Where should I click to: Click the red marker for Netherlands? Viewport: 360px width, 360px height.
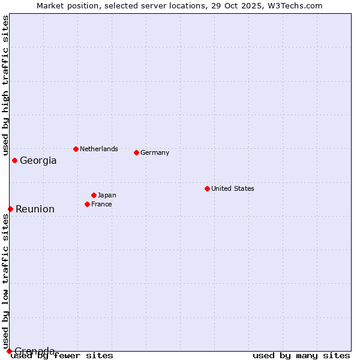[x=76, y=149]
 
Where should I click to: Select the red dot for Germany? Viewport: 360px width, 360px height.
[x=136, y=152]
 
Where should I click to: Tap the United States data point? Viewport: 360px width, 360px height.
[x=207, y=188]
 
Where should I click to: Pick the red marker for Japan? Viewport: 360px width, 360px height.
[x=94, y=195]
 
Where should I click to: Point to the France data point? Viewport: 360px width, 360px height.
[x=87, y=204]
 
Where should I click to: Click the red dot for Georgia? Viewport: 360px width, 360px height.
[x=14, y=160]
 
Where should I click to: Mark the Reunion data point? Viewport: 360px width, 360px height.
[x=10, y=209]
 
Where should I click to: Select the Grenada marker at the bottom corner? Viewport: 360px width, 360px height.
[x=9, y=350]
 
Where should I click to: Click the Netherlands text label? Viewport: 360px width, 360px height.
[x=99, y=149]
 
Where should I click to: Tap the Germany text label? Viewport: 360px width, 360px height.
[x=155, y=152]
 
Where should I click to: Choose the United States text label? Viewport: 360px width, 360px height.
[x=233, y=188]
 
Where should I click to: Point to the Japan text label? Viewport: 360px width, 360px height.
[x=107, y=195]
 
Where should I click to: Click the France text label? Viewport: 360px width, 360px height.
[x=101, y=204]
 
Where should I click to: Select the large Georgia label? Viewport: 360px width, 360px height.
[x=38, y=160]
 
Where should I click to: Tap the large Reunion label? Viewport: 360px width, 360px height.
[x=35, y=209]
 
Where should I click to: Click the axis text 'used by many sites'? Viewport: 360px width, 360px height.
[x=301, y=355]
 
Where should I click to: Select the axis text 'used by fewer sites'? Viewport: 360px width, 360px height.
[x=62, y=355]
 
